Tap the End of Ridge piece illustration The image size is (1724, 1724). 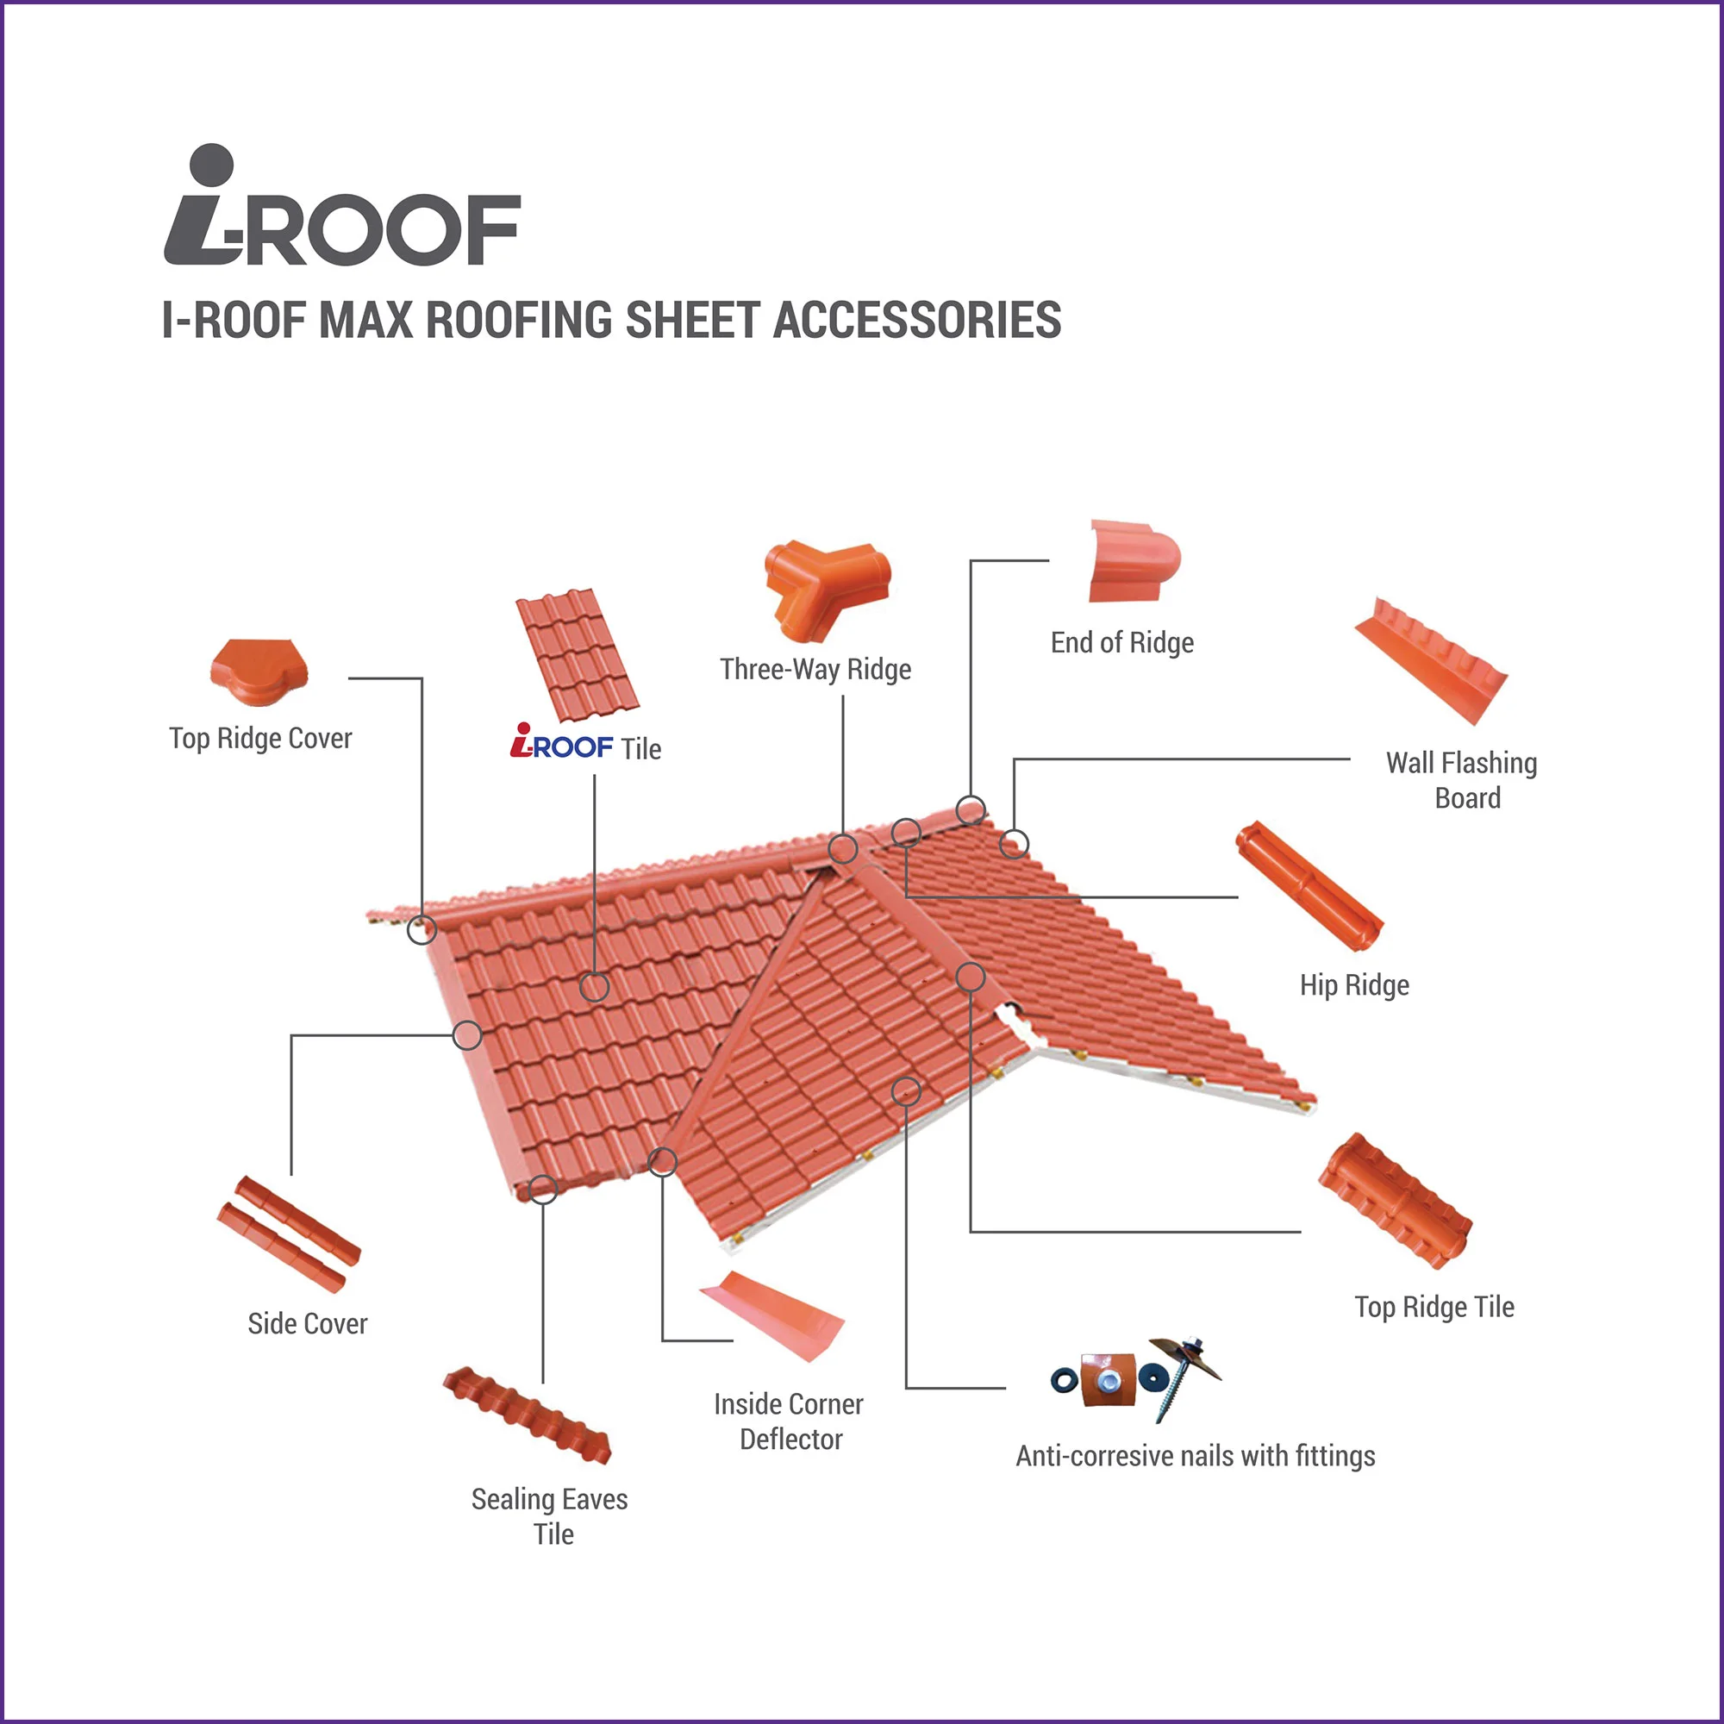coord(1134,561)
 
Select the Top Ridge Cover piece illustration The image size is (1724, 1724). coord(259,673)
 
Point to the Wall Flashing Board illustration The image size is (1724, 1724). coord(1429,660)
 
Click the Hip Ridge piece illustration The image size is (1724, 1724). coord(1309,886)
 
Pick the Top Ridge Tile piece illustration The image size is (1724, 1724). coord(1396,1200)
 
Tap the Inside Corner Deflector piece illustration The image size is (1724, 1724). coord(771,1315)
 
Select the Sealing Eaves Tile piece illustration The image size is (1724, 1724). coord(528,1415)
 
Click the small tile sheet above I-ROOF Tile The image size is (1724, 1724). coord(578,655)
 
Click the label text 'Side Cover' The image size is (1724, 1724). coord(307,1323)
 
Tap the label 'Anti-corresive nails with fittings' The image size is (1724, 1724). coord(1195,1455)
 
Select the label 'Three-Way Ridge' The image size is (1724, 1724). coord(815,669)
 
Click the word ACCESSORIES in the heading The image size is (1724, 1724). coord(916,321)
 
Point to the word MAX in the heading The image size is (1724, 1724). coord(365,321)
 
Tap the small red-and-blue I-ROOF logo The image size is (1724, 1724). coord(561,741)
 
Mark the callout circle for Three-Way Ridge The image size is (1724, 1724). coord(843,848)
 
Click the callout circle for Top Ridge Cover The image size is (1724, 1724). coord(422,930)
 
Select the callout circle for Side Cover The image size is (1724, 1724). coord(467,1035)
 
